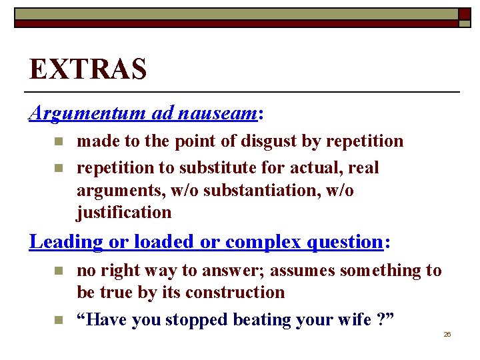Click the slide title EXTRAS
pos(87,69)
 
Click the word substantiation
pos(269,191)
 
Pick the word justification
pos(124,213)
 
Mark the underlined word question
pos(343,241)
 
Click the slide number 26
pos(447,334)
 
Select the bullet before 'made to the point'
pos(58,141)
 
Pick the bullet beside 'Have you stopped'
pos(58,320)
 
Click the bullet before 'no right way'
pos(58,270)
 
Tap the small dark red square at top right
pos(464,13)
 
